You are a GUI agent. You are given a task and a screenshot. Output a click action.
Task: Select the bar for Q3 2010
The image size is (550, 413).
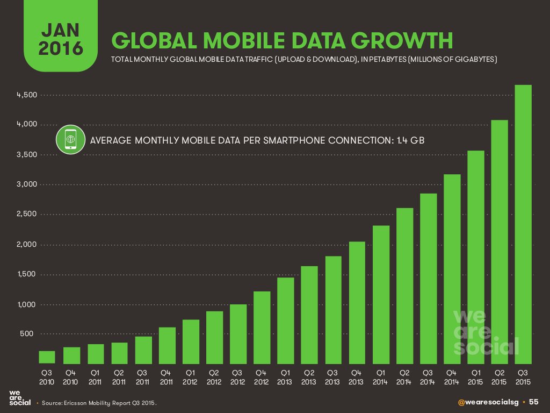(47, 357)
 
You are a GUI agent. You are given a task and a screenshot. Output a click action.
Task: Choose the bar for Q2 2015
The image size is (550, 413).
(500, 241)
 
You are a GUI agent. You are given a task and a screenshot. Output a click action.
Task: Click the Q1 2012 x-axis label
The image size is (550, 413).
(190, 377)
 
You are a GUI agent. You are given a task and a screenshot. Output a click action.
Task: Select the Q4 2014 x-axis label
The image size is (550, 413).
(452, 377)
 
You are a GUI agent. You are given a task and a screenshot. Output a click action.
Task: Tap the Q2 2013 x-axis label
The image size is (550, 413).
(309, 377)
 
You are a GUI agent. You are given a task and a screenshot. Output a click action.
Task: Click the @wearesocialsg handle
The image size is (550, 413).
(493, 402)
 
